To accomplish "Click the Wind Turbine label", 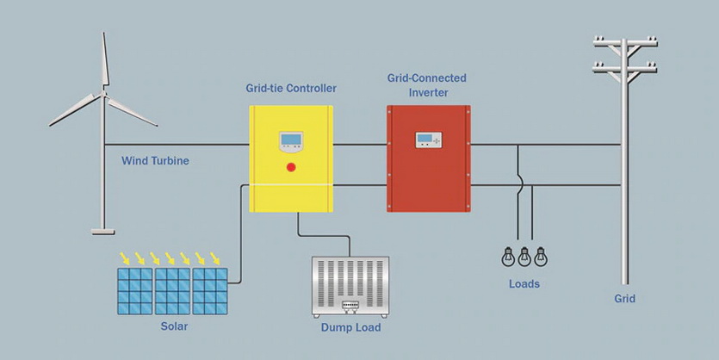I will (155, 160).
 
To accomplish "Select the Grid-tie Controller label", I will (291, 88).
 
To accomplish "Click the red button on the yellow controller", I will (291, 166).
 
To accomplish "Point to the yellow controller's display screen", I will (291, 142).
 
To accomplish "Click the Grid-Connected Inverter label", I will (429, 85).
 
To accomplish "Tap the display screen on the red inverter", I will (429, 139).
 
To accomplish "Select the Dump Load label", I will (350, 327).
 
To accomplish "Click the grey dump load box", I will (350, 286).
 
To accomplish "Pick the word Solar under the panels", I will (174, 327).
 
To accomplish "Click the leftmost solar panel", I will (134, 290).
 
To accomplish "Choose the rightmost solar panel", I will (210, 290).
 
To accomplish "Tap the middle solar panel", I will (172, 290).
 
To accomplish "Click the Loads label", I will (524, 283).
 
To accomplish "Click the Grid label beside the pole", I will (624, 299).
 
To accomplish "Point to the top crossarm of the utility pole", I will (627, 41).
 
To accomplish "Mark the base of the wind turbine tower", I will (103, 230).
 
